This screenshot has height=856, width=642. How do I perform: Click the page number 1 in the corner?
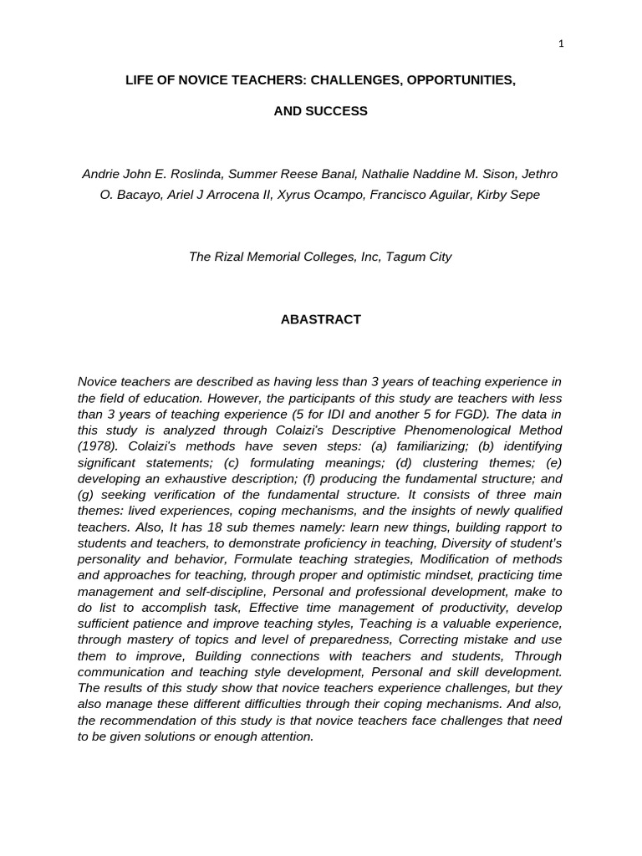pyautogui.click(x=561, y=44)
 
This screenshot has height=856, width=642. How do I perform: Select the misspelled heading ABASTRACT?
pyautogui.click(x=320, y=319)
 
